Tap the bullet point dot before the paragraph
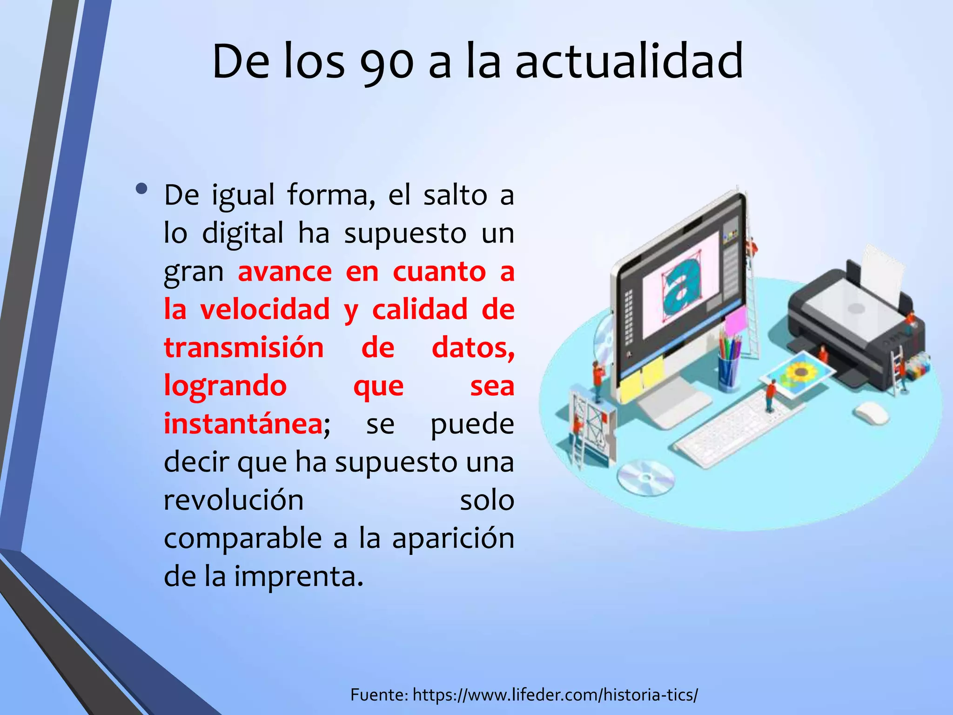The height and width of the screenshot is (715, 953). click(142, 189)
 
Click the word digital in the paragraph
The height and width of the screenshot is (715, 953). click(242, 233)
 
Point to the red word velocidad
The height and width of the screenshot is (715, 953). click(265, 310)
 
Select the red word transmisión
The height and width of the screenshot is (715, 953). click(244, 348)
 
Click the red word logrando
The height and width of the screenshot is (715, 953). click(225, 386)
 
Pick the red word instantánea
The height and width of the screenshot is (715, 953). click(243, 424)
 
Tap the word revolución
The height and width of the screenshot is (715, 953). click(234, 500)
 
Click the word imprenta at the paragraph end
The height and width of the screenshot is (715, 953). click(298, 577)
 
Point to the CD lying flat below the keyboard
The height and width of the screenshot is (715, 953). click(645, 477)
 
